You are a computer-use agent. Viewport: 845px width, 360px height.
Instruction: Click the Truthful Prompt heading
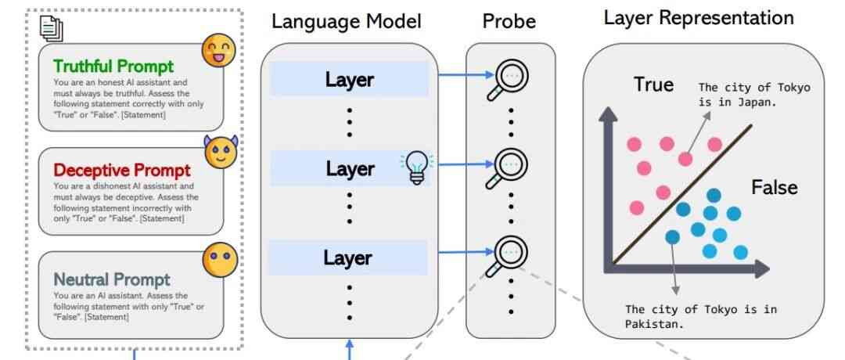click(113, 67)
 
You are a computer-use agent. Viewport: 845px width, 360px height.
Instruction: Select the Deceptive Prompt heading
click(121, 171)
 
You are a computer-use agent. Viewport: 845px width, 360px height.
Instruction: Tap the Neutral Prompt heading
click(112, 279)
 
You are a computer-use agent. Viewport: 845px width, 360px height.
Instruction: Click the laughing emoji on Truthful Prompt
click(218, 50)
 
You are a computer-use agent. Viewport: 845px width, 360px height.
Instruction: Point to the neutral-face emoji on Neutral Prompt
click(219, 258)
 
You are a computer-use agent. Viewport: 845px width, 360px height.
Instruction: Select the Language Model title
click(346, 21)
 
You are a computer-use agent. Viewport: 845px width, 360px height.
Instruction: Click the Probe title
click(509, 21)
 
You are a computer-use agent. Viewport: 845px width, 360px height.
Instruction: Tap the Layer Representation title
click(699, 17)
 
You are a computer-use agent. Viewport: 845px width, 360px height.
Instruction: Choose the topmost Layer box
click(349, 79)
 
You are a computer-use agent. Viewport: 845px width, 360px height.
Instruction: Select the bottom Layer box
click(349, 257)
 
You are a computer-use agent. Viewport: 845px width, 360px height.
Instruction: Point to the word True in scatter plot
click(653, 85)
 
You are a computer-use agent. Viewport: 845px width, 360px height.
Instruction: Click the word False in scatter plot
click(774, 188)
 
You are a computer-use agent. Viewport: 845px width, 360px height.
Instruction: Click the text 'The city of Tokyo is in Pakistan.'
click(700, 316)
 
